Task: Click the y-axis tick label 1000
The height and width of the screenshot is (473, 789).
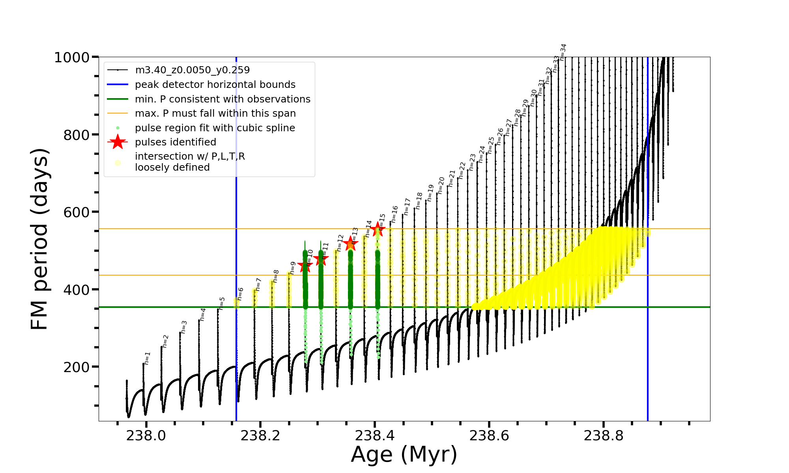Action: click(72, 58)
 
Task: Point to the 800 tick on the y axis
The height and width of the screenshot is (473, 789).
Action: click(76, 135)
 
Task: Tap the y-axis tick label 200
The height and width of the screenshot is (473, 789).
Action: click(76, 367)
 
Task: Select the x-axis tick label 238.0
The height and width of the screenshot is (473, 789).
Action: click(146, 436)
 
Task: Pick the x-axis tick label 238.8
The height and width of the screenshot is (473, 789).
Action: click(603, 436)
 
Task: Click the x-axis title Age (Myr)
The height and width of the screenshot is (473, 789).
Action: click(404, 454)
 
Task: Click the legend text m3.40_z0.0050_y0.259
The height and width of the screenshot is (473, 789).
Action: click(192, 70)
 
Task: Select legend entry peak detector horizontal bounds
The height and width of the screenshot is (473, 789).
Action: click(215, 85)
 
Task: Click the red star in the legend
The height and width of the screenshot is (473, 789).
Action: click(118, 142)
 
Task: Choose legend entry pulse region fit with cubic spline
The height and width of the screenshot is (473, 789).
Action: click(215, 128)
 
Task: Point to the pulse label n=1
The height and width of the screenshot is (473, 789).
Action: click(147, 358)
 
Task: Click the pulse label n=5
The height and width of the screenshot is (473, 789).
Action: click(222, 303)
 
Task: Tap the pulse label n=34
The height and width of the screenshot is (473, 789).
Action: click(563, 52)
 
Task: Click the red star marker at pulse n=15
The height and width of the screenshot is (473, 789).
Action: click(378, 229)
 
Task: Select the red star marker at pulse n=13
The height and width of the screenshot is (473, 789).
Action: click(350, 244)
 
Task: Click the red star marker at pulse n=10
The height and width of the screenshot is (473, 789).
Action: click(305, 266)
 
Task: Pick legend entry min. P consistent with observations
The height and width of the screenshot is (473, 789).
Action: click(222, 99)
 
